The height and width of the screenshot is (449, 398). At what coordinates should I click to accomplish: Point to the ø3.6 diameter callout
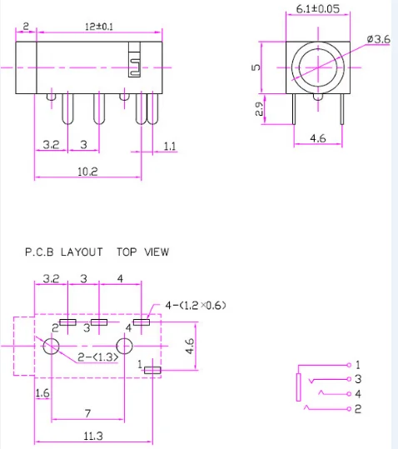coord(380,38)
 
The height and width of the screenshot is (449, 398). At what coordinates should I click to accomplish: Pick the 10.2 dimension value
coord(87,172)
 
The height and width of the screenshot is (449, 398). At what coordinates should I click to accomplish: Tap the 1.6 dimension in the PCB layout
coord(42,392)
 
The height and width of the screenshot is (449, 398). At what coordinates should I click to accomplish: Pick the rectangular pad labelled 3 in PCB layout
coord(100,322)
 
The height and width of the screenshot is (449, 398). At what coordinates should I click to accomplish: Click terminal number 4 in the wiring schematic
coord(357,393)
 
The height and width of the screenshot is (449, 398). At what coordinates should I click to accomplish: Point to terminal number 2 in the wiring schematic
coord(357,408)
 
